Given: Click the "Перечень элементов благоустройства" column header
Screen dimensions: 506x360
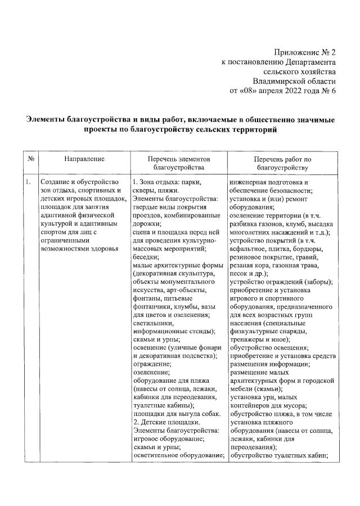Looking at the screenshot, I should point(178,163).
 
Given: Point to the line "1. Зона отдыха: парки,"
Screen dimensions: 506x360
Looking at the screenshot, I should point(166,182).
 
